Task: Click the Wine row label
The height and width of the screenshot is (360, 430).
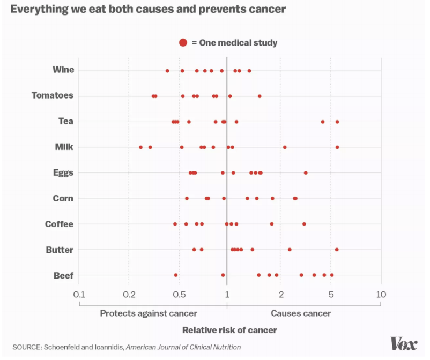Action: [x=63, y=70]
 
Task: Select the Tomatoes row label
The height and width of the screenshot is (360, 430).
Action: [x=53, y=95]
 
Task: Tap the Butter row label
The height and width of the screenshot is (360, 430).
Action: [x=60, y=250]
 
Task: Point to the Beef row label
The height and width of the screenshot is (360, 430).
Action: [x=63, y=275]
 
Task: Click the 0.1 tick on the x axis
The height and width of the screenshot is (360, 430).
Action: [x=79, y=295]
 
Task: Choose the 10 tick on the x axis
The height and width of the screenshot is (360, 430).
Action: [x=381, y=295]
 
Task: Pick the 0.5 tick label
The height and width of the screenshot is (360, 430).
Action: [x=180, y=295]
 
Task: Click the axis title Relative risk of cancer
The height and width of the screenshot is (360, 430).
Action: [x=229, y=330]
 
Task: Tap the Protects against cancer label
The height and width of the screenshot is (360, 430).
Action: [x=149, y=313]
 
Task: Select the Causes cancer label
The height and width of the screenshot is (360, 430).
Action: [x=301, y=313]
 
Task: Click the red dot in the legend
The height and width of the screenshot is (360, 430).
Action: [x=183, y=42]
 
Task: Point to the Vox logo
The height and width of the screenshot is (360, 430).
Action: [x=404, y=343]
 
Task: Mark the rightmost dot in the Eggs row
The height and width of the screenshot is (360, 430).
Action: [x=306, y=172]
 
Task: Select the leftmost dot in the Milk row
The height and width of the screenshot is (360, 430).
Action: [x=141, y=147]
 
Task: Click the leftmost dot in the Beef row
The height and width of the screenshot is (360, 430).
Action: [x=175, y=275]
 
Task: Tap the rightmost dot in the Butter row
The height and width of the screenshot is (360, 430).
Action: [x=337, y=249]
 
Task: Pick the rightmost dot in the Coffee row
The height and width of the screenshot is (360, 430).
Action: [x=304, y=224]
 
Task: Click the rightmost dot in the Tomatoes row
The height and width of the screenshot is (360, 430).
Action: [x=260, y=96]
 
